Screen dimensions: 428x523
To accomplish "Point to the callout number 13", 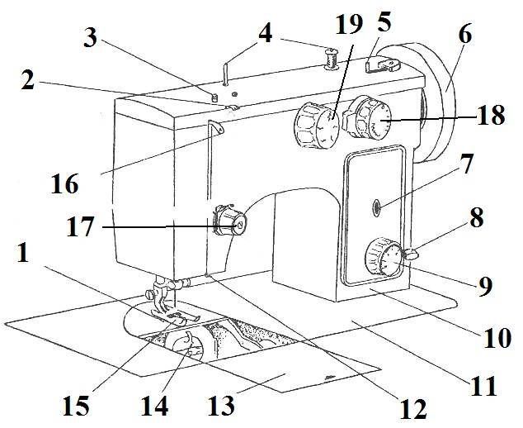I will tap(219, 406).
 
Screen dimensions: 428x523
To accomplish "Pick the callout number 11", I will tap(478, 387).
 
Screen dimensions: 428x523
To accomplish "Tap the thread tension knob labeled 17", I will tap(229, 224).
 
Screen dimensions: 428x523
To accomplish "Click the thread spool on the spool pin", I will tap(332, 59).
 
